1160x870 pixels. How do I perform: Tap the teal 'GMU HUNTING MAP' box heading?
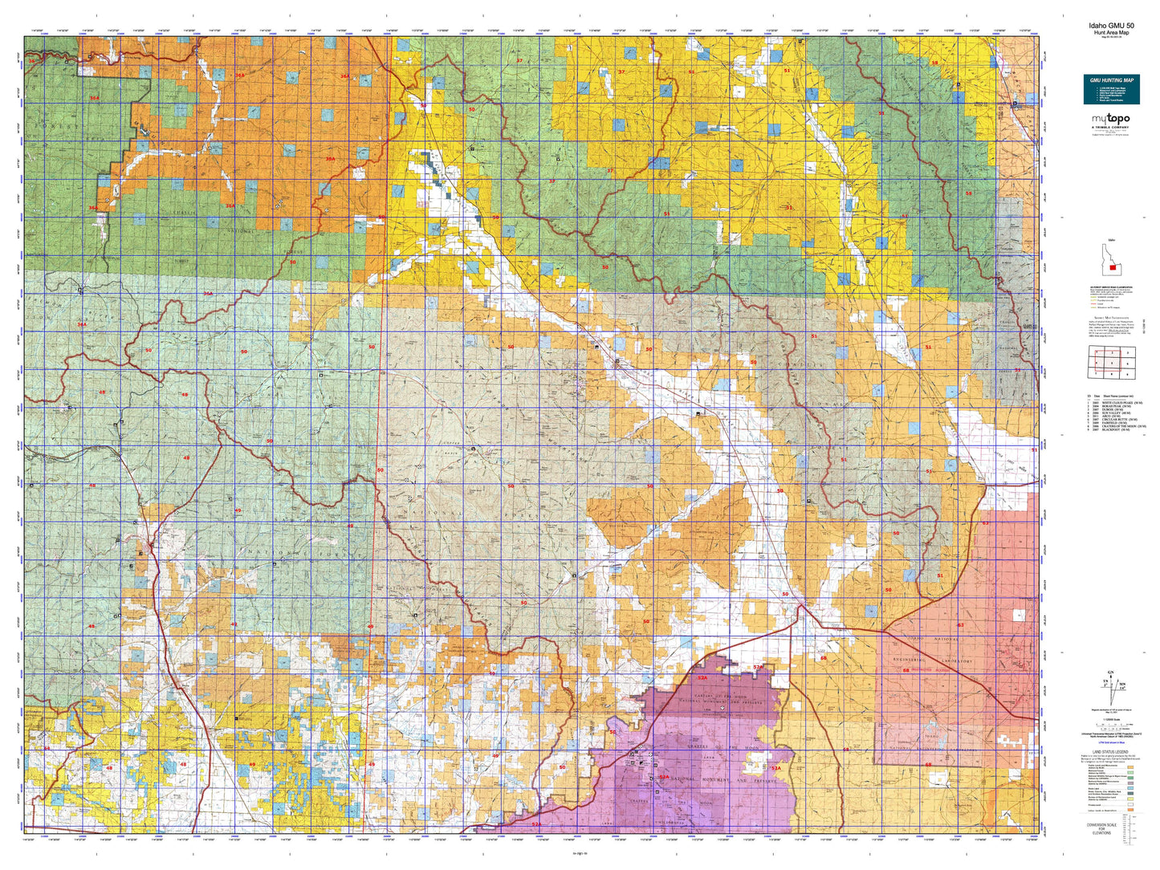[1111, 80]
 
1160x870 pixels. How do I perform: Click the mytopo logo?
[1110, 119]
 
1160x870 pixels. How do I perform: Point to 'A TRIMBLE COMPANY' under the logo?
[1110, 128]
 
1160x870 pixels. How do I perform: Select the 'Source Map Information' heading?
[1110, 318]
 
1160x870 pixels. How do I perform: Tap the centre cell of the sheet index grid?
[1111, 364]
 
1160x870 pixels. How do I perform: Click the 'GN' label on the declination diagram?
[1111, 673]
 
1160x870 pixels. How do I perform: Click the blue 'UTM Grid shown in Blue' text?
[1110, 744]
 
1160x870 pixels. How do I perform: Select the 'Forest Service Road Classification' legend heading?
[1110, 287]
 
